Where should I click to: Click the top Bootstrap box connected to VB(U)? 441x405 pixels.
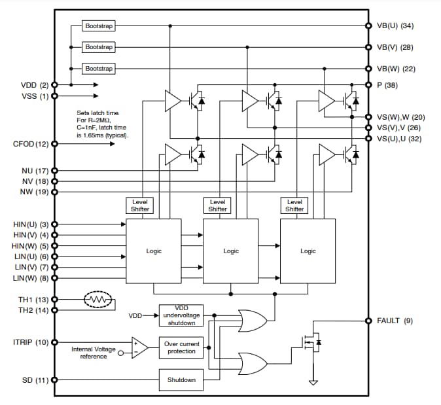(99, 26)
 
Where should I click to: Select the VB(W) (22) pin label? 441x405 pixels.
(396, 69)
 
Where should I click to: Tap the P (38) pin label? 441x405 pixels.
(389, 85)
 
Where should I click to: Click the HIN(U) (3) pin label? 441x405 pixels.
(31, 224)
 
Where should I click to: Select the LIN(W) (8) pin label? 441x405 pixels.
(31, 277)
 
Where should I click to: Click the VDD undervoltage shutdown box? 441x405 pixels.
(181, 315)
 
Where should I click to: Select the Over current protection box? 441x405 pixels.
(181, 347)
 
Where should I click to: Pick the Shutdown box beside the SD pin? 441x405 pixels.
(181, 379)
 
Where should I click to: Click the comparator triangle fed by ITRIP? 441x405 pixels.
(139, 347)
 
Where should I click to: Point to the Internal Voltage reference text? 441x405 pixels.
(94, 353)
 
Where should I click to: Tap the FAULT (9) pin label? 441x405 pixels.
(395, 321)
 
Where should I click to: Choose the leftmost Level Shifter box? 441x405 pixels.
(140, 205)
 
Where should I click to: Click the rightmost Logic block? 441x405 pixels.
(308, 251)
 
